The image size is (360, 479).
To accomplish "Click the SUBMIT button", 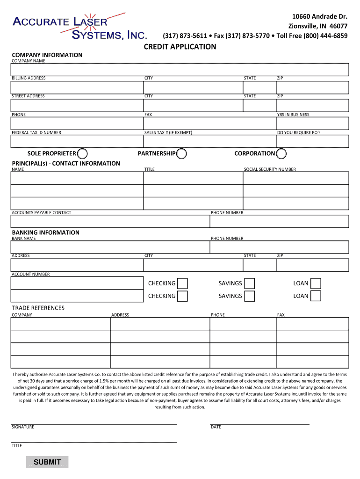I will click(47, 462).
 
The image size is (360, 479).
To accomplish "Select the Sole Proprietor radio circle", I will click(82, 153).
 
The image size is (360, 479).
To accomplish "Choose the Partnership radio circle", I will click(181, 153).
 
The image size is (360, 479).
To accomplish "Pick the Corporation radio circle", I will click(281, 153).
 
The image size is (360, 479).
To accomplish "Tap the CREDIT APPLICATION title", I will click(180, 47).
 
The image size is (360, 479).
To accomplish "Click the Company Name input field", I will click(180, 69).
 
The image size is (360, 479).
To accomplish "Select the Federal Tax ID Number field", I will click(77, 141).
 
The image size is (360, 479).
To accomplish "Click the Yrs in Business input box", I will click(312, 123).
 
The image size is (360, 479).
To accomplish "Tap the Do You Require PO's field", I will click(312, 141).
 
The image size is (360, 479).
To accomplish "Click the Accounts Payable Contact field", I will click(110, 221).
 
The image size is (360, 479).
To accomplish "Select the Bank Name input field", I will click(110, 247).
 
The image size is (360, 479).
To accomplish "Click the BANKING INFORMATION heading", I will click(45, 232).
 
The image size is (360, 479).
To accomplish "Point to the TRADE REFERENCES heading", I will click(38, 308).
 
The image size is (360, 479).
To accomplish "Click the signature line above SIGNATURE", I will click(94, 423).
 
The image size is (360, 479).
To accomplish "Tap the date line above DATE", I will click(259, 423).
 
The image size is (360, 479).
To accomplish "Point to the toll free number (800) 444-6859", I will click(325, 36).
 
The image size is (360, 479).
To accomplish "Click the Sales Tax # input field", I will click(209, 141).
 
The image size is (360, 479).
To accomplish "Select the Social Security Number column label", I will click(270, 169).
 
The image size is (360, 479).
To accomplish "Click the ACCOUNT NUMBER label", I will click(30, 275).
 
